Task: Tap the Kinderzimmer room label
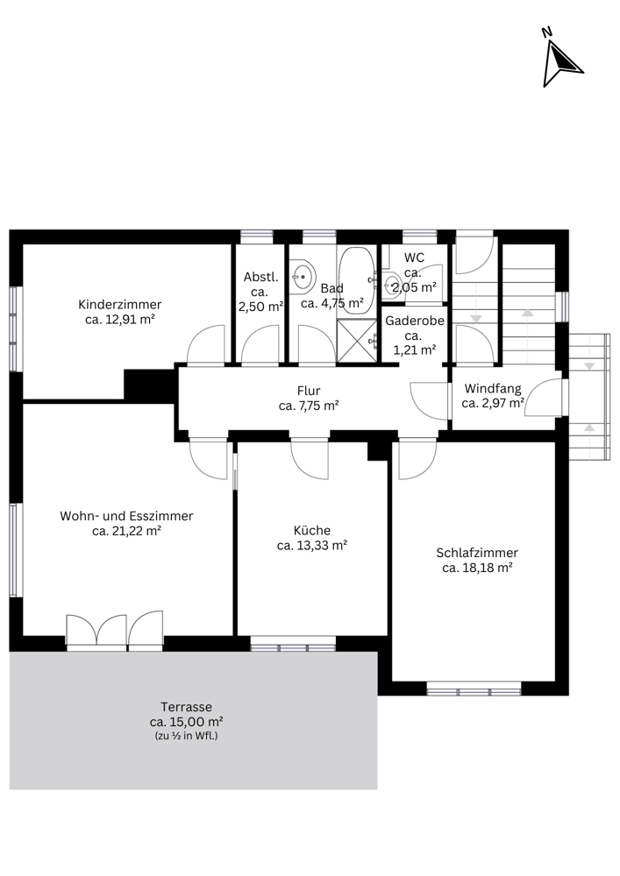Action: pos(119,305)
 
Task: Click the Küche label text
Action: pos(312,530)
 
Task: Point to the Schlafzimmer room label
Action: pos(477,553)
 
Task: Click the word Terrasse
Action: pos(186,707)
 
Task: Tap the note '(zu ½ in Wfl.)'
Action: pos(186,736)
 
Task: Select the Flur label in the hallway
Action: pos(309,391)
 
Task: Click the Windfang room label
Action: pos(493,388)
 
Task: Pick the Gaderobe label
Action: pos(414,321)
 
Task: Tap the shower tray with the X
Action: pos(357,341)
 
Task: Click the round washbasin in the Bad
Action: pos(303,275)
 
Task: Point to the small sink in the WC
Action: pos(393,285)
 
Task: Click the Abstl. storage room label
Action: pos(260,277)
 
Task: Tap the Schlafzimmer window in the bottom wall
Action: pos(474,689)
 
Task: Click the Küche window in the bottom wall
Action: pos(293,644)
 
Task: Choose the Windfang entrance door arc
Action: pos(543,397)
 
